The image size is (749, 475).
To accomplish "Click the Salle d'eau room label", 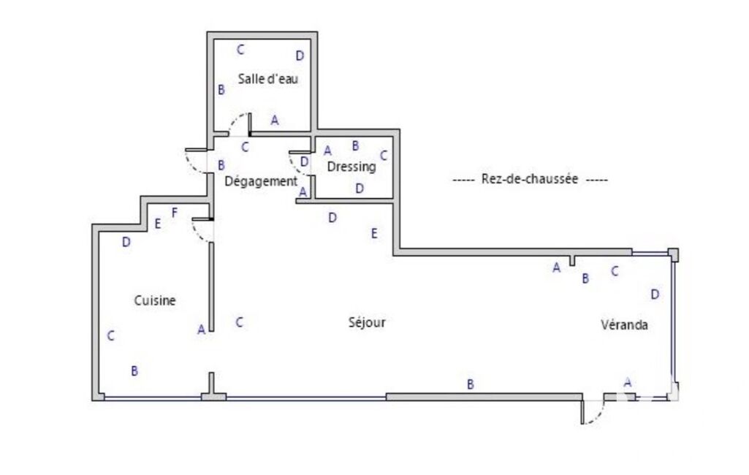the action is tap(268, 78).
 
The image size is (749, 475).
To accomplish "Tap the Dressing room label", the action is tap(351, 167).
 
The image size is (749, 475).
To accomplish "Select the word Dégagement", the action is tap(261, 181).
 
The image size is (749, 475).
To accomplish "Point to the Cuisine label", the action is tap(155, 300).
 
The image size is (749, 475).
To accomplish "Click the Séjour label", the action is tap(367, 322).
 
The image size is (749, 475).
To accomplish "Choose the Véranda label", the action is tap(624, 325).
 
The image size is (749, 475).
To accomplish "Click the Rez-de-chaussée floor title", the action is tap(530, 179).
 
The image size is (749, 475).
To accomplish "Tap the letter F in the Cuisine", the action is tap(175, 213).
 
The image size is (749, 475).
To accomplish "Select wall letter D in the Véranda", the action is tap(655, 294).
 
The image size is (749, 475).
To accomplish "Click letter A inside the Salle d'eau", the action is tap(275, 121).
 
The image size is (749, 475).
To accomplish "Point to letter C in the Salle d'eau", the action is tap(240, 49).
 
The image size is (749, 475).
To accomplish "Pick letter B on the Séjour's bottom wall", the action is tap(471, 384).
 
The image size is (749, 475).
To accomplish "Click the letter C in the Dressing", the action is tap(384, 156).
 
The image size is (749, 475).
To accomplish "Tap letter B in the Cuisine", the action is tap(134, 370).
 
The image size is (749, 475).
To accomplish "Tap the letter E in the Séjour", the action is tap(374, 233).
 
